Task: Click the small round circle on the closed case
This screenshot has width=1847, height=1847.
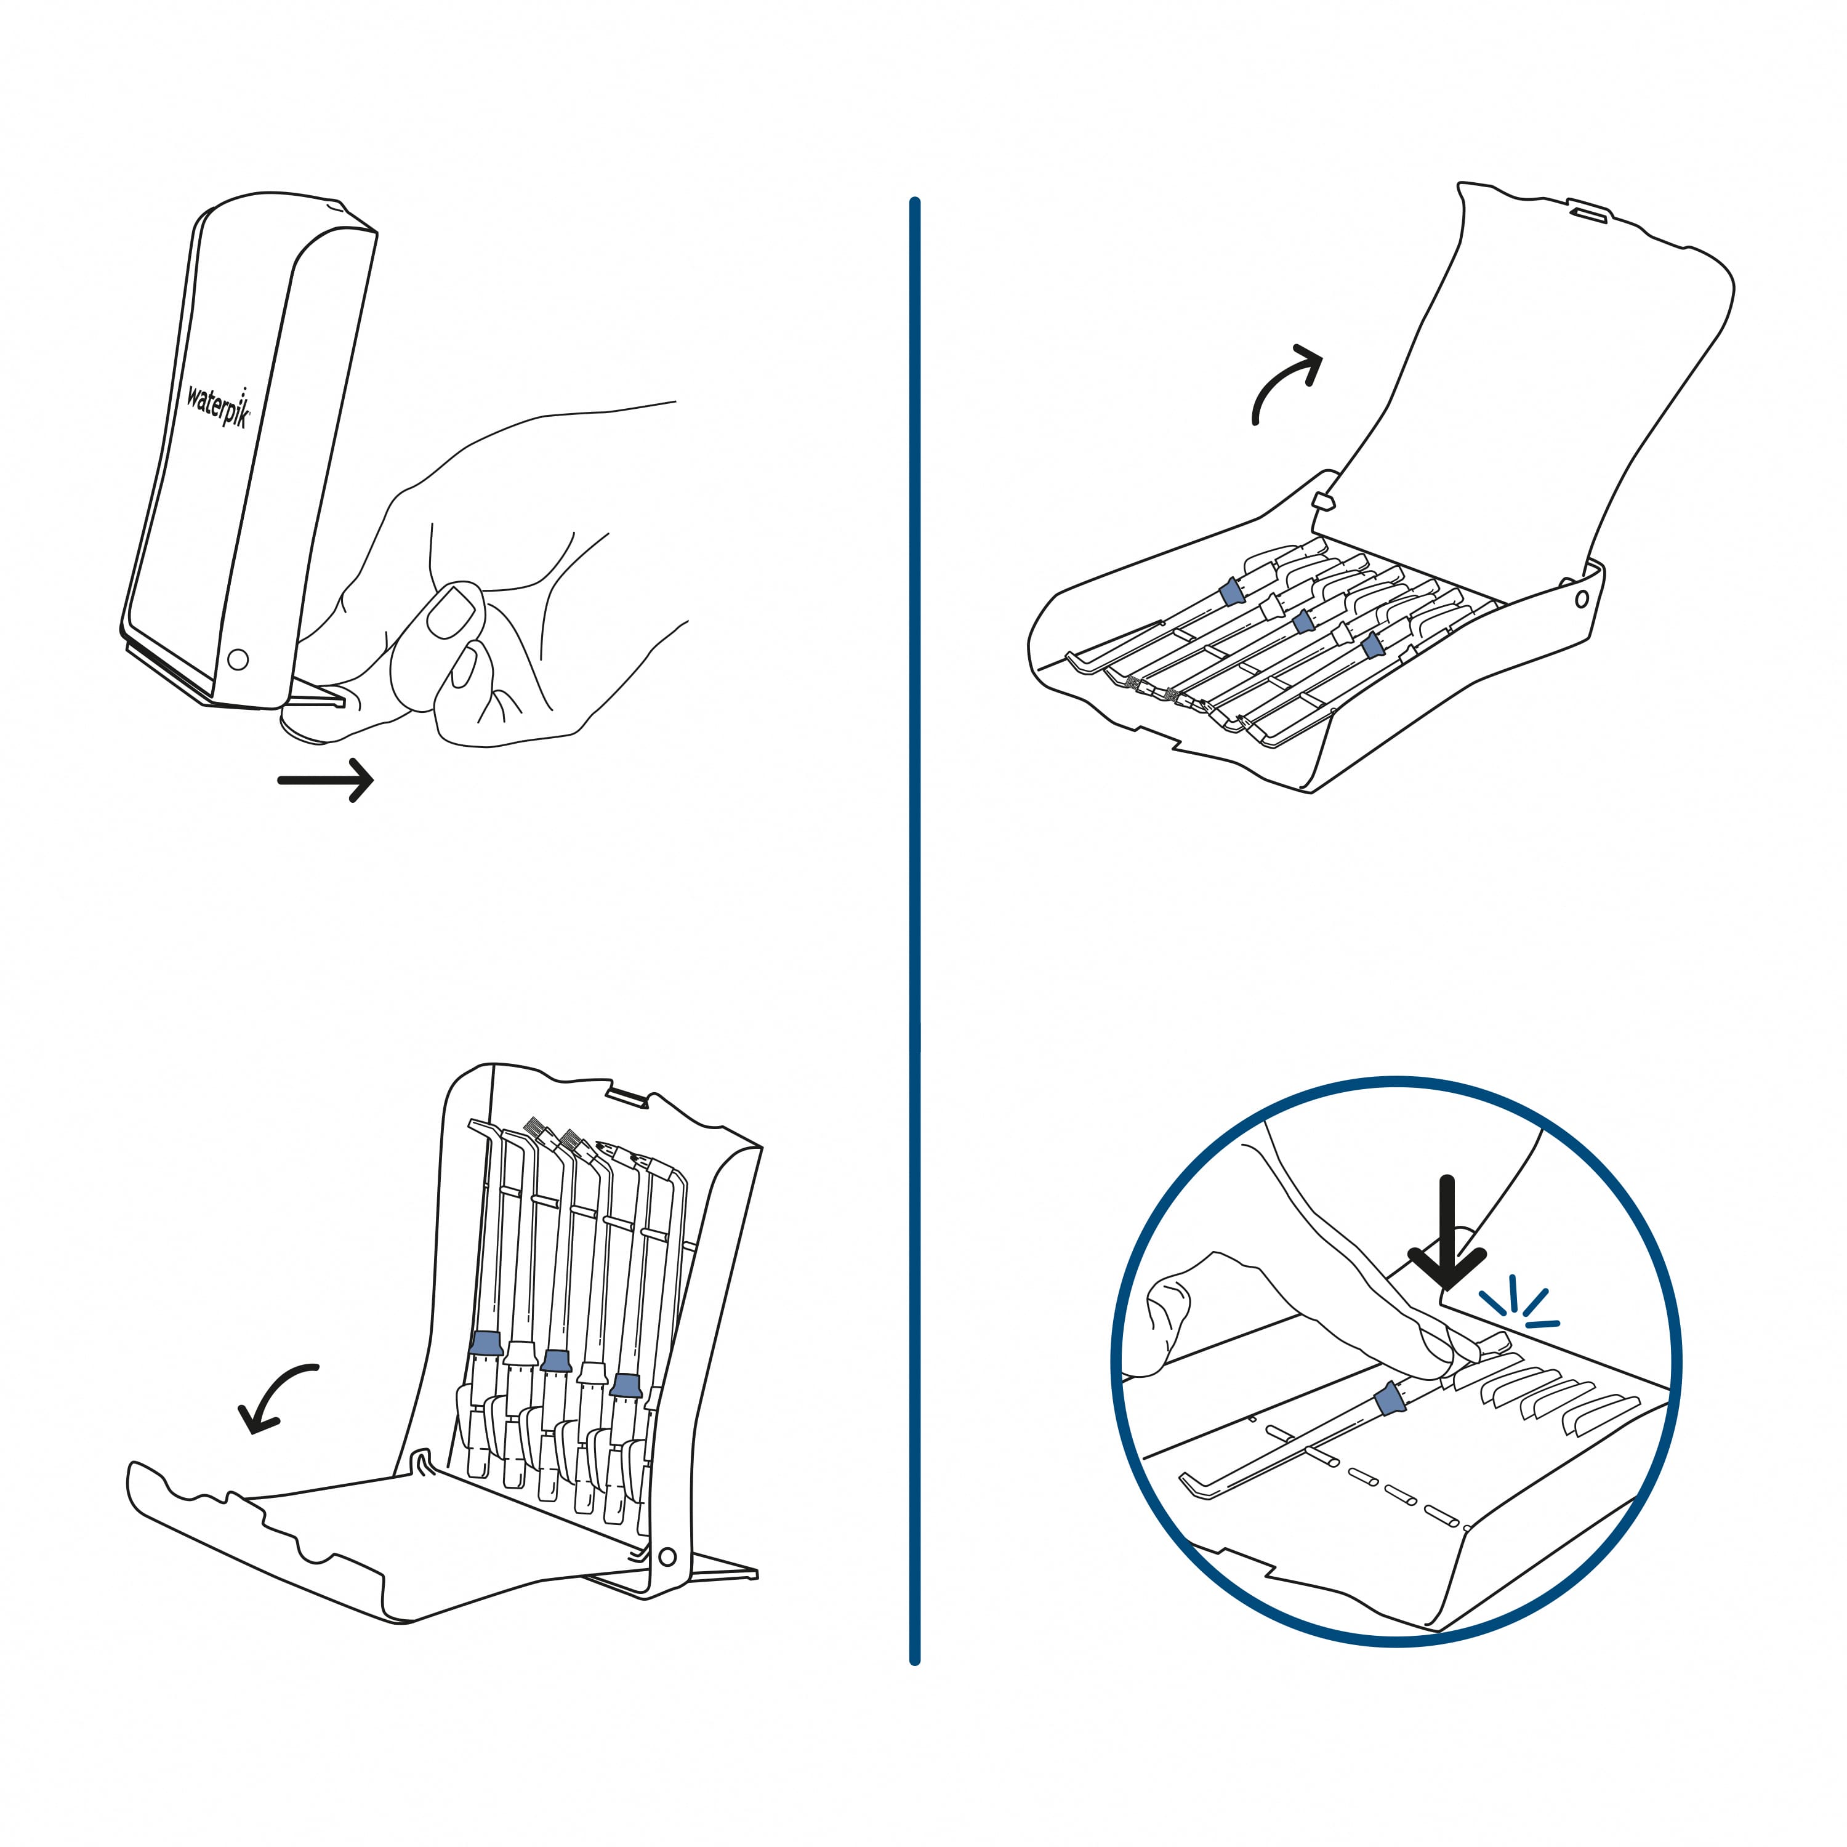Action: [x=238, y=659]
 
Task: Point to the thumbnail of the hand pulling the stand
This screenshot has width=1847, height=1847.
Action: [x=450, y=613]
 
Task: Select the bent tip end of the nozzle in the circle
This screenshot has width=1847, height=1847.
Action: [x=1193, y=1484]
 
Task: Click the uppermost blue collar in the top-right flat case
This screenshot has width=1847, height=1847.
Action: [x=1233, y=593]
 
